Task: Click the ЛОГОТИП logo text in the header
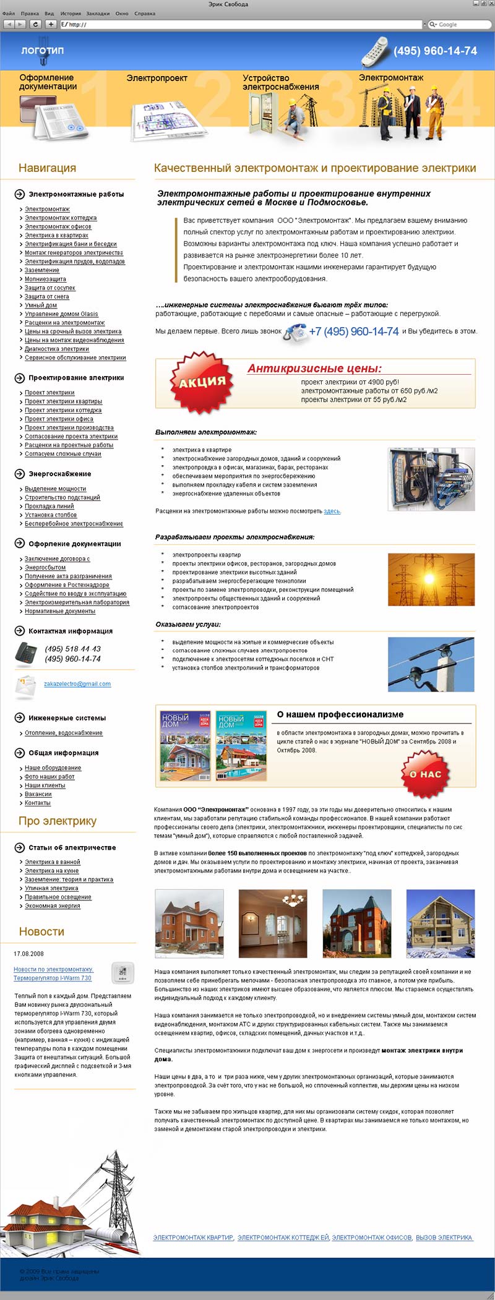42,51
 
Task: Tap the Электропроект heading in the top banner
157,79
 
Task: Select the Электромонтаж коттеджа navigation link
61,218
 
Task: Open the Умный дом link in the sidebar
41,305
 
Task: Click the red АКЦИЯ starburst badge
202,382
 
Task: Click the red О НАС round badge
426,774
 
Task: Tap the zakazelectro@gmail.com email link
77,684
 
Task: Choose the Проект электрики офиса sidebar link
59,419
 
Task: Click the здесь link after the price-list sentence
332,511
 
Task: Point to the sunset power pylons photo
431,579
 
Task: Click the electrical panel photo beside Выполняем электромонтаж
431,479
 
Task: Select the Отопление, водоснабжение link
64,733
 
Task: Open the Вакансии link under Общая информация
38,794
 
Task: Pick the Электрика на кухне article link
51,871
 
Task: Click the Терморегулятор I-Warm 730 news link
53,978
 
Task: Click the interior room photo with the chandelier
272,923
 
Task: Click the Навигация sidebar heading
47,168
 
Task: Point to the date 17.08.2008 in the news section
29,954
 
